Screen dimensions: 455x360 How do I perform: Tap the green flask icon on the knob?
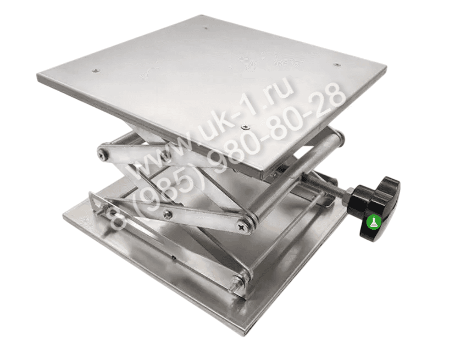tap(374, 222)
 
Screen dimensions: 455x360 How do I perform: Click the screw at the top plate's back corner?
tap(206, 29)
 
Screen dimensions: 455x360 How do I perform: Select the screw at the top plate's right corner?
tap(337, 64)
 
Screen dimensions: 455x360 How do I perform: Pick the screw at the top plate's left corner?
tap(96, 70)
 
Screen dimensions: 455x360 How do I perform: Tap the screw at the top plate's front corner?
tap(246, 126)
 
